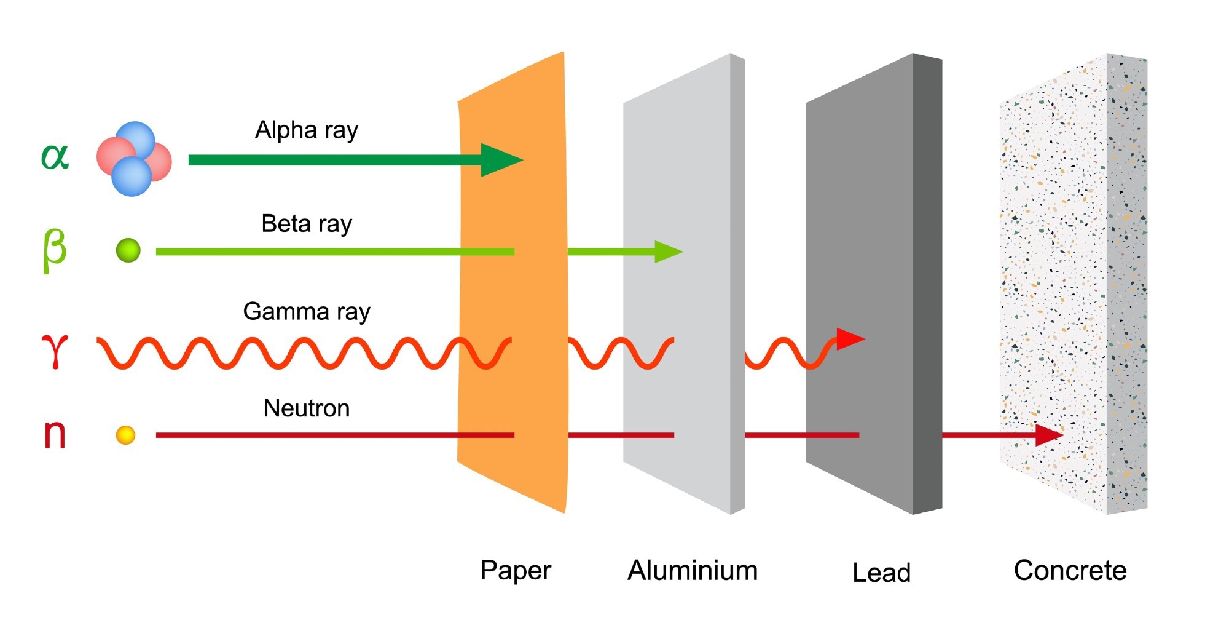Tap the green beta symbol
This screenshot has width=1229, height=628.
54,250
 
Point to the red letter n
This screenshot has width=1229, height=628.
55,434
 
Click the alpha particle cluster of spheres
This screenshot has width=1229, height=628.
134,159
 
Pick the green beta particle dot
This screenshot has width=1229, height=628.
128,250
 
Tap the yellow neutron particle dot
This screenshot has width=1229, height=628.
125,435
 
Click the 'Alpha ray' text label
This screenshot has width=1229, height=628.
306,130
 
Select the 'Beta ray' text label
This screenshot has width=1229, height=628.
306,224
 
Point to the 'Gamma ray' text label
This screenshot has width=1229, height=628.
306,312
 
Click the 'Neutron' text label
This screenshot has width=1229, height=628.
306,408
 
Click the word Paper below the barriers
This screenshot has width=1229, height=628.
515,571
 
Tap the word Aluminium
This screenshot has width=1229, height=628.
692,571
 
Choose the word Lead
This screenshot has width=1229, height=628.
881,573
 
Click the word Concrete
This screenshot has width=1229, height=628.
1070,571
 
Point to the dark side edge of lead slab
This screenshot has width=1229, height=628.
927,283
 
